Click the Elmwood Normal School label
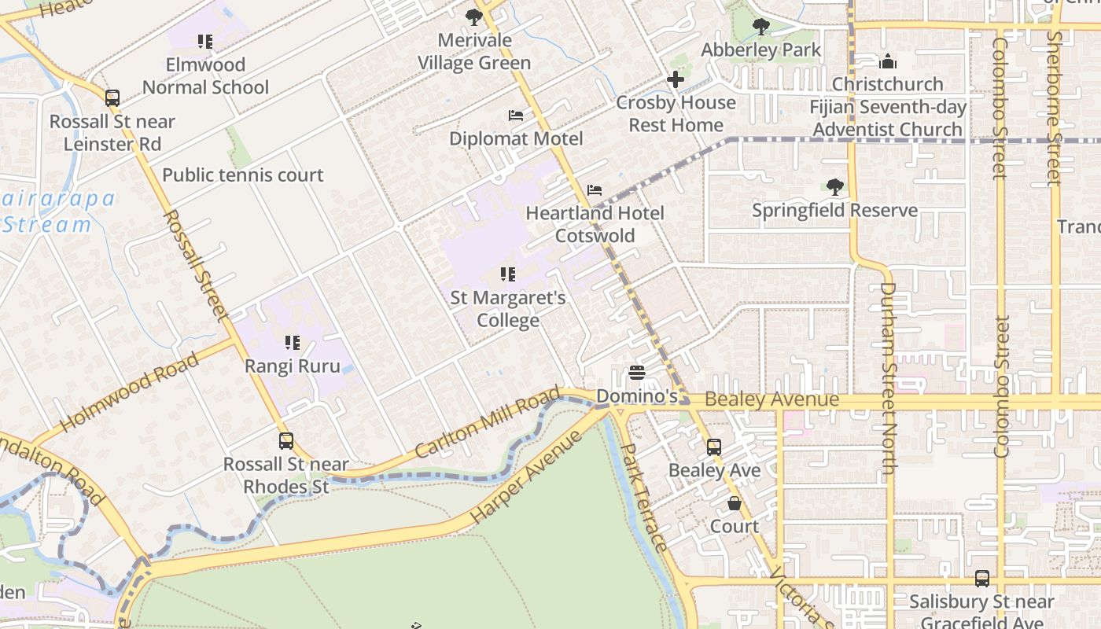206,75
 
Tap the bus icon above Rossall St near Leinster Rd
112,98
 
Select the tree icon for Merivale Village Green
474,17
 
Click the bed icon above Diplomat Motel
516,116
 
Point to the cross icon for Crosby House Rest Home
676,79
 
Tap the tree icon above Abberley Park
760,27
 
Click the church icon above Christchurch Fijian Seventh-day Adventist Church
888,61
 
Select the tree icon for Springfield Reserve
834,187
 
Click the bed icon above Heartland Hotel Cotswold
595,190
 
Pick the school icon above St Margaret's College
508,274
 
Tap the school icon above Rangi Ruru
293,343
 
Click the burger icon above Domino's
637,373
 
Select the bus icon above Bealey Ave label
714,447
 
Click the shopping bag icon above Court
735,503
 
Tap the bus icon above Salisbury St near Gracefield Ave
982,579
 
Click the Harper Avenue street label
527,476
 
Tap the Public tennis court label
242,175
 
